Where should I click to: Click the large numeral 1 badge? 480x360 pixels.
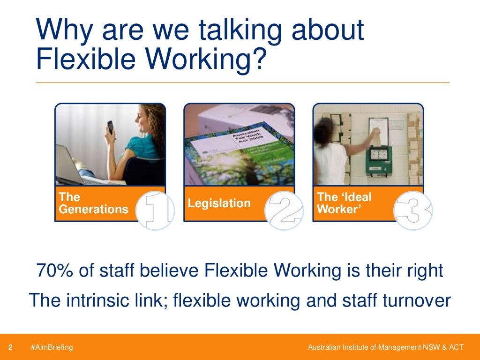tap(156, 210)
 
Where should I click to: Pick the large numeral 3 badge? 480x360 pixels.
tap(413, 210)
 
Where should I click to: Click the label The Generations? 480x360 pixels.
tap(93, 203)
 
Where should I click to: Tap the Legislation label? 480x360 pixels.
tap(219, 203)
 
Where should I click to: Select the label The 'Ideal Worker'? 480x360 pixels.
tap(345, 203)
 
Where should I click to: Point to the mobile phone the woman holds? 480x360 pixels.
tap(111, 127)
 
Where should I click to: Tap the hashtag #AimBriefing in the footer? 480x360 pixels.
tap(52, 347)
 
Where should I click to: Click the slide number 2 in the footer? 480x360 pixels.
tap(10, 347)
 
